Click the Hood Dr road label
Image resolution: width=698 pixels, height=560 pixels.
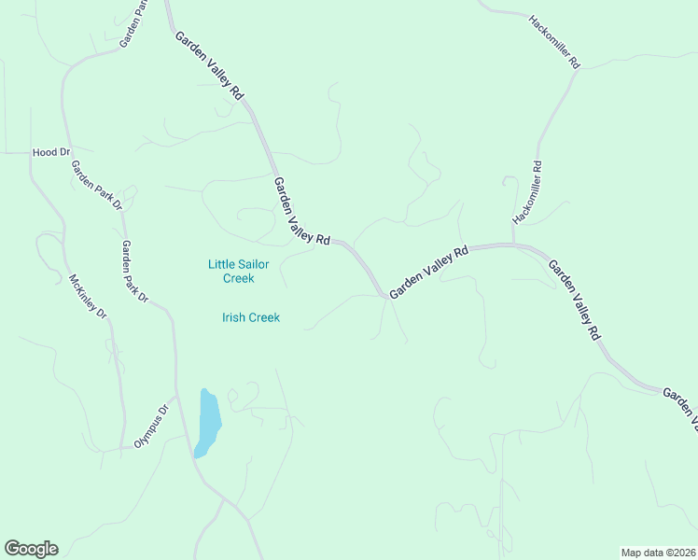[x=51, y=151]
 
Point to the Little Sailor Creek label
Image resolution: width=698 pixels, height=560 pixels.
[x=238, y=271]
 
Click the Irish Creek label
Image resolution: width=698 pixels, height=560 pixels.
[x=251, y=317]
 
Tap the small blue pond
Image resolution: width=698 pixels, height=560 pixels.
[x=208, y=423]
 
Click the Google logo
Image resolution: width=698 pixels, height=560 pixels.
[x=31, y=549]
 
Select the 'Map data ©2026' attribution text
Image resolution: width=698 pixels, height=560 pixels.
[x=658, y=552]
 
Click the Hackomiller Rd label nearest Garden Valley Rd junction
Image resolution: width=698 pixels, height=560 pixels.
[x=527, y=192]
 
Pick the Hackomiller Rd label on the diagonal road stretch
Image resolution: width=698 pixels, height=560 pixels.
[x=555, y=42]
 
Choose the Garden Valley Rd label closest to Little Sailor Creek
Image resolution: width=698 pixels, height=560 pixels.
[x=302, y=212]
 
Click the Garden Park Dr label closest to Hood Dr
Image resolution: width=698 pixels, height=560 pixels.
[x=97, y=185]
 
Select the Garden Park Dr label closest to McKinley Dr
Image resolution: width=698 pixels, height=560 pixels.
[x=135, y=272]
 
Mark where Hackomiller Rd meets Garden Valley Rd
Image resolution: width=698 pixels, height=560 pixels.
[x=513, y=245]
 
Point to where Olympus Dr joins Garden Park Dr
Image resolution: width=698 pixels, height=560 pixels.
[x=176, y=396]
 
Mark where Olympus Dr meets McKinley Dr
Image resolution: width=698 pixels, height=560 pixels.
[x=122, y=449]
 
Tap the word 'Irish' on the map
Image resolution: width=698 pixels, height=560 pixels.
[x=234, y=317]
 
